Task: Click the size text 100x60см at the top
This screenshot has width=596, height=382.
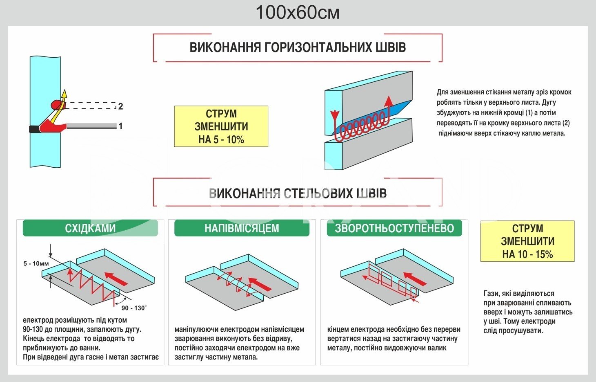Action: pos(298,13)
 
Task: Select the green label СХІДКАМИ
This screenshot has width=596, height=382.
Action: pos(90,228)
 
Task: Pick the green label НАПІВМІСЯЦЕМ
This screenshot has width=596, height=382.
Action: pos(242,228)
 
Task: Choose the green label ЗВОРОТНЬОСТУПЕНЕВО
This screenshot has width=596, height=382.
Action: pos(394,228)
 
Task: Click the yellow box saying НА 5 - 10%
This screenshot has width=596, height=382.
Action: pos(221,126)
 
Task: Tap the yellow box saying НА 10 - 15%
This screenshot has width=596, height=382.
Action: pos(527,241)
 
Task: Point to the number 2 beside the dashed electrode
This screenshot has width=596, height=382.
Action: pos(120,106)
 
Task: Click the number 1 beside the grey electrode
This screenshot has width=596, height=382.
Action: pos(120,126)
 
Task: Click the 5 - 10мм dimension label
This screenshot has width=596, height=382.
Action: pos(36,264)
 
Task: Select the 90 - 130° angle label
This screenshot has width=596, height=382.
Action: pos(133,308)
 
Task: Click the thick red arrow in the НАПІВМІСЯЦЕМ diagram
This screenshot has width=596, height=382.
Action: pos(260,284)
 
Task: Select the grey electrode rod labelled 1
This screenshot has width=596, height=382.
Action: pos(91,126)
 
